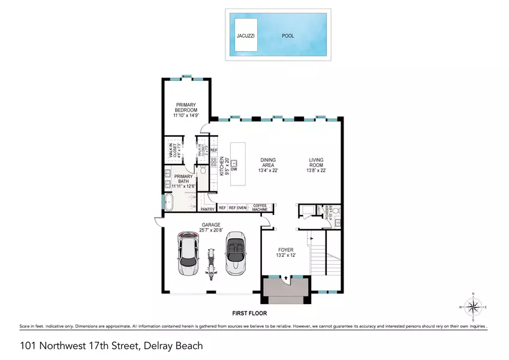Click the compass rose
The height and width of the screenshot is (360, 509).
474,308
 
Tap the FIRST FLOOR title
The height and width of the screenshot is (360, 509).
250,313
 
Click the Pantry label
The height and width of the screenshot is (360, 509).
208,209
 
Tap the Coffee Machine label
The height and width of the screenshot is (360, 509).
260,208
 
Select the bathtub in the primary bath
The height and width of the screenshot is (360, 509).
168,202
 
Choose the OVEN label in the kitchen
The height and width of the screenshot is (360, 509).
242,208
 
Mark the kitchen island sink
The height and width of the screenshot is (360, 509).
234,162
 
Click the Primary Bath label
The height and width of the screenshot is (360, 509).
183,180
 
